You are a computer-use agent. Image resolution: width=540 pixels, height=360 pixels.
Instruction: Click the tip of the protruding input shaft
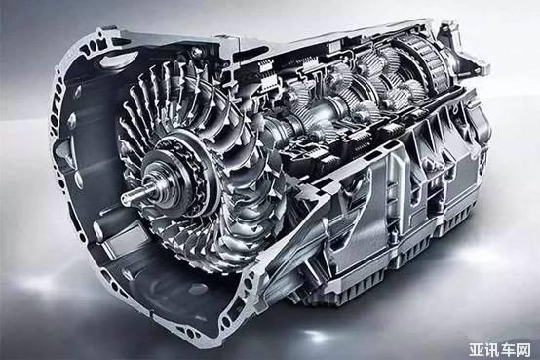[123, 197]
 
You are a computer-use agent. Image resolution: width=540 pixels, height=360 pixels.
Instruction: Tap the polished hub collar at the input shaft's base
[156, 181]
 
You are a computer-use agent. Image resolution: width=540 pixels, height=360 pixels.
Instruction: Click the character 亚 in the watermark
[477, 350]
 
